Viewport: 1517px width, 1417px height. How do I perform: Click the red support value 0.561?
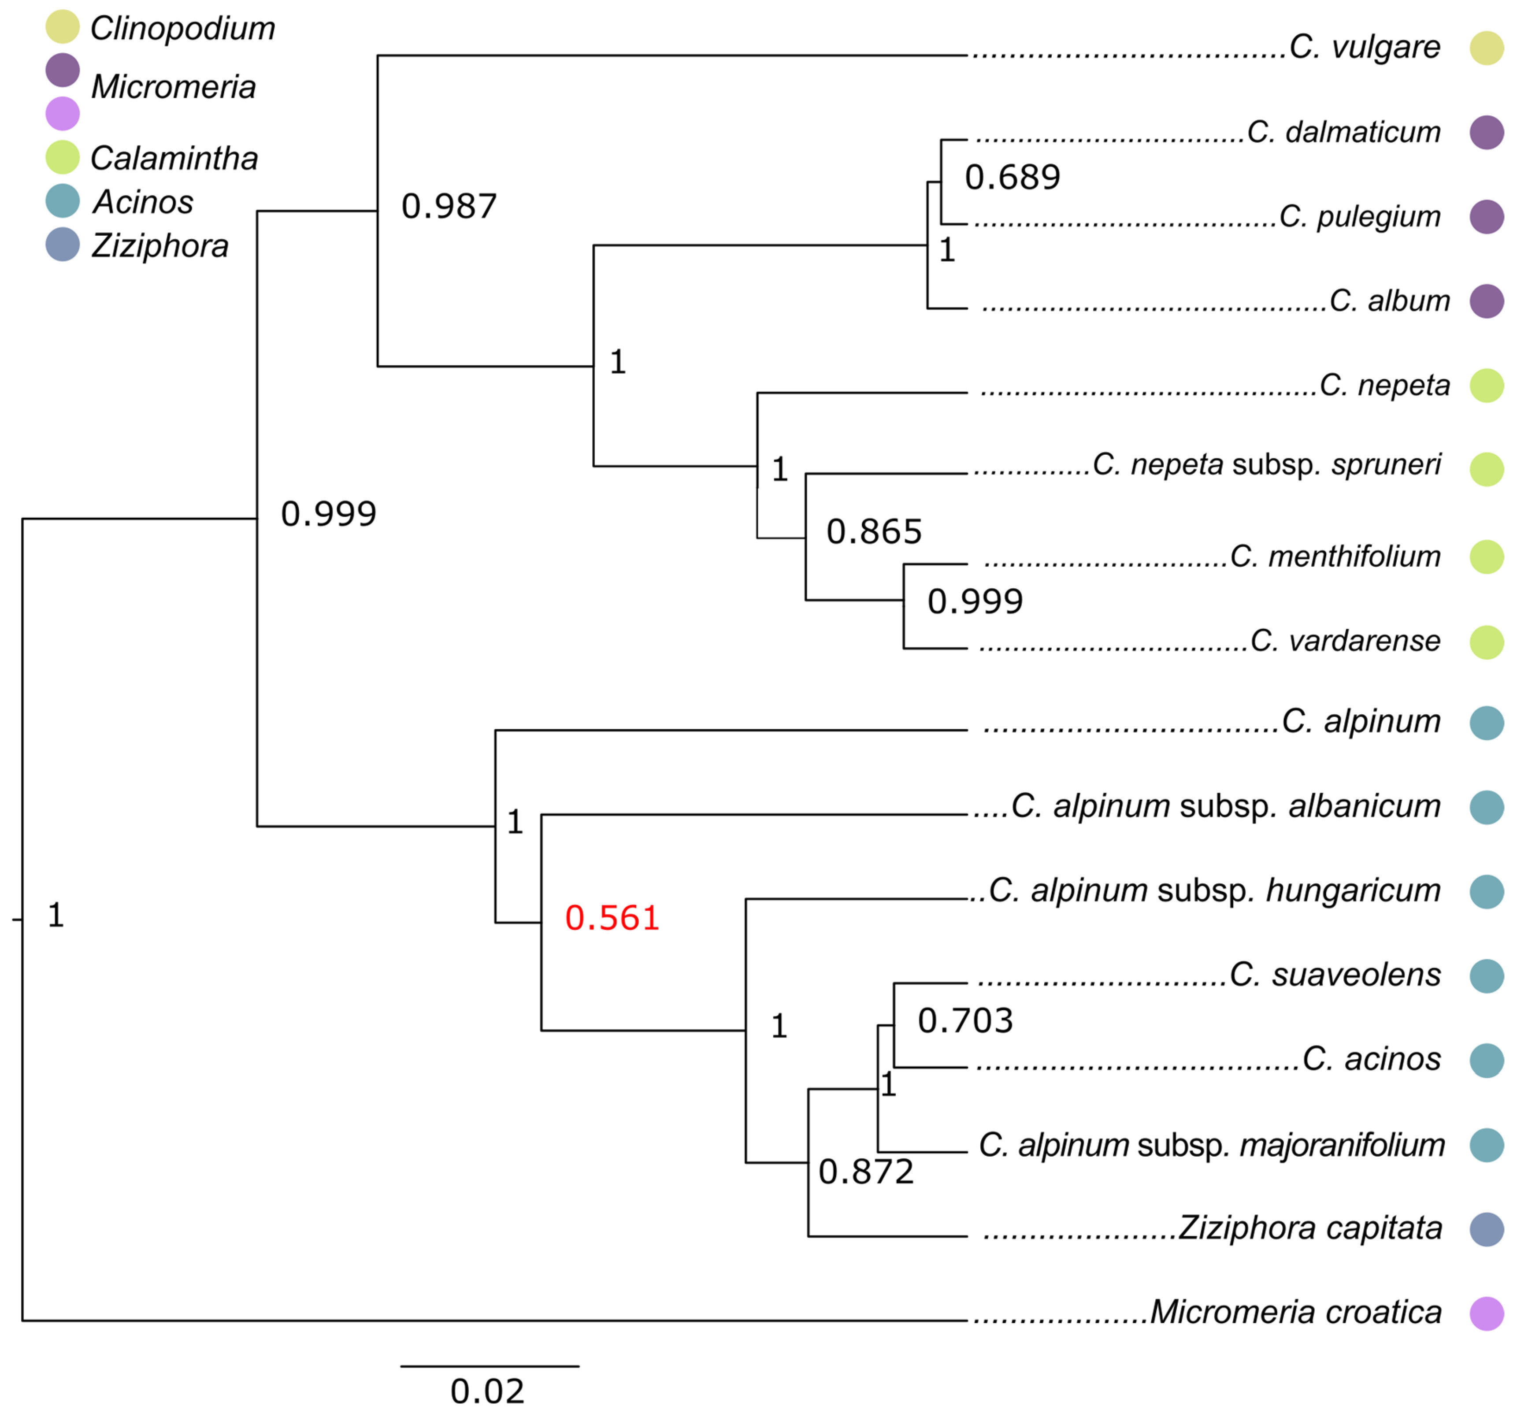pyautogui.click(x=612, y=918)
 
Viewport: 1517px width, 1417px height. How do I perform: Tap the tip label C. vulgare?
pyautogui.click(x=1365, y=47)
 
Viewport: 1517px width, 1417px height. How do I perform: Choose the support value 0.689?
pyautogui.click(x=1013, y=178)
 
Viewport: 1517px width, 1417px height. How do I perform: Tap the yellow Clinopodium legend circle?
pyautogui.click(x=63, y=27)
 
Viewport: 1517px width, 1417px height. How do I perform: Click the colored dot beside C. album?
pyautogui.click(x=1487, y=300)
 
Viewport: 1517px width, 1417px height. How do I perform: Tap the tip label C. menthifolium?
pyautogui.click(x=1335, y=556)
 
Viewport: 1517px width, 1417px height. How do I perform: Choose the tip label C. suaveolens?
pyautogui.click(x=1335, y=975)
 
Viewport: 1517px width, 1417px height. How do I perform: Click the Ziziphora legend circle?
pyautogui.click(x=63, y=245)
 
